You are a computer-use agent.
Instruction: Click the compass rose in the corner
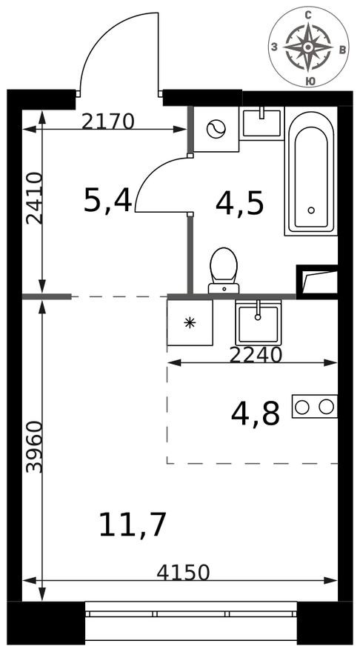[x=308, y=47]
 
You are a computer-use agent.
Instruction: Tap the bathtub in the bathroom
[x=311, y=173]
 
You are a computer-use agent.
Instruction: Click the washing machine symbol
[x=216, y=129]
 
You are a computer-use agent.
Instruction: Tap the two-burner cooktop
[x=315, y=406]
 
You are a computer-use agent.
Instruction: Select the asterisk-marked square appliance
[x=190, y=322]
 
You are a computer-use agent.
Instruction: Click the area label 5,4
[x=107, y=200]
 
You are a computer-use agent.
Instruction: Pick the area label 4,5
[x=239, y=203]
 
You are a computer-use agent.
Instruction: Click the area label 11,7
[x=133, y=525]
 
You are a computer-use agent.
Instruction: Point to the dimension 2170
[x=107, y=121]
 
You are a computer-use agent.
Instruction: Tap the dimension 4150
[x=184, y=572]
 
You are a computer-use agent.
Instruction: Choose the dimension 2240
[x=256, y=355]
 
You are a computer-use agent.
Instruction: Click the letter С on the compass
[x=308, y=13]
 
